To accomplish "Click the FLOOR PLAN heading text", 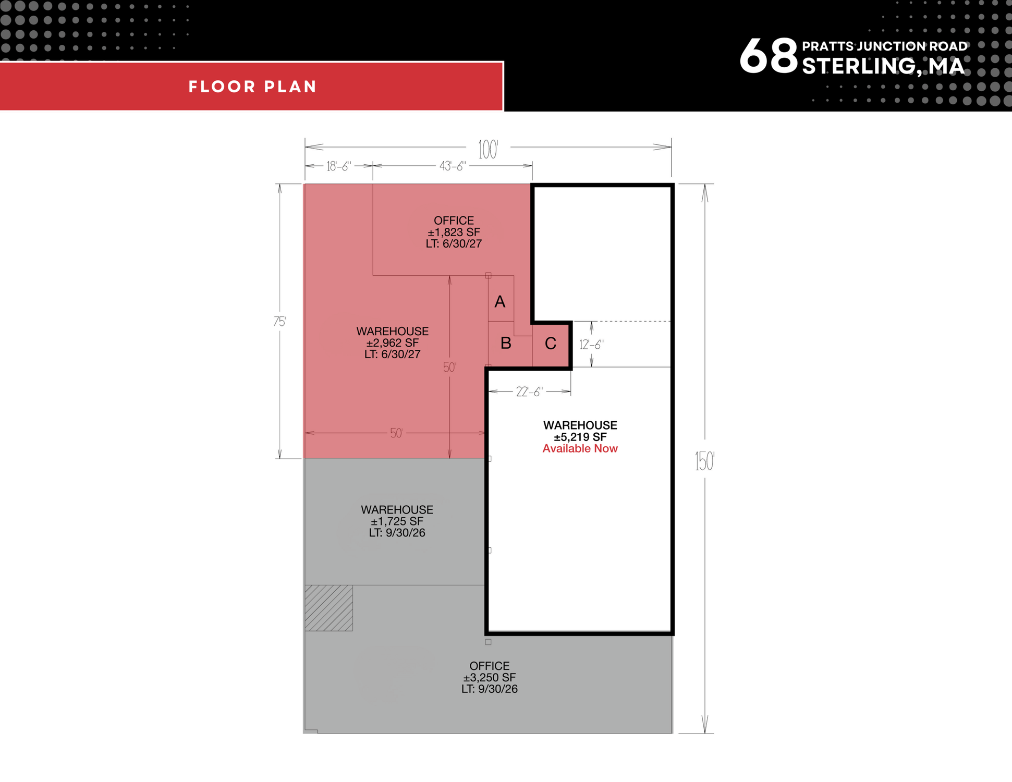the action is tap(253, 87).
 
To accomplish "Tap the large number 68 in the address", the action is tap(769, 56).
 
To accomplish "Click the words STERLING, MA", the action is tap(883, 66).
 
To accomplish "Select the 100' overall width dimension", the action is tap(489, 150).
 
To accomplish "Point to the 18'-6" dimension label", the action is tap(339, 166).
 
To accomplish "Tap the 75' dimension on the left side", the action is tap(280, 322).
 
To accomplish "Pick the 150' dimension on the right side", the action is tap(704, 461).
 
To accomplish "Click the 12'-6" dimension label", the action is tap(592, 345).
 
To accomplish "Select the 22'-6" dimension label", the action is tap(530, 392).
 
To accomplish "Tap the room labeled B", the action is tap(506, 343).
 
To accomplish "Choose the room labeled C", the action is tap(551, 344).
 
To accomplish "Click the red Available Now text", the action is tap(580, 449).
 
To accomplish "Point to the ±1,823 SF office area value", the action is tap(454, 233).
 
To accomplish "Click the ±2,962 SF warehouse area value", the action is tap(392, 343).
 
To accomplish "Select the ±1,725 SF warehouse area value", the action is tap(397, 521).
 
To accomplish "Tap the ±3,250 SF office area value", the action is tap(489, 678).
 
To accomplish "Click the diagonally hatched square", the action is tap(329, 608).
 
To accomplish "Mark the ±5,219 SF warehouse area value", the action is tap(580, 437).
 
